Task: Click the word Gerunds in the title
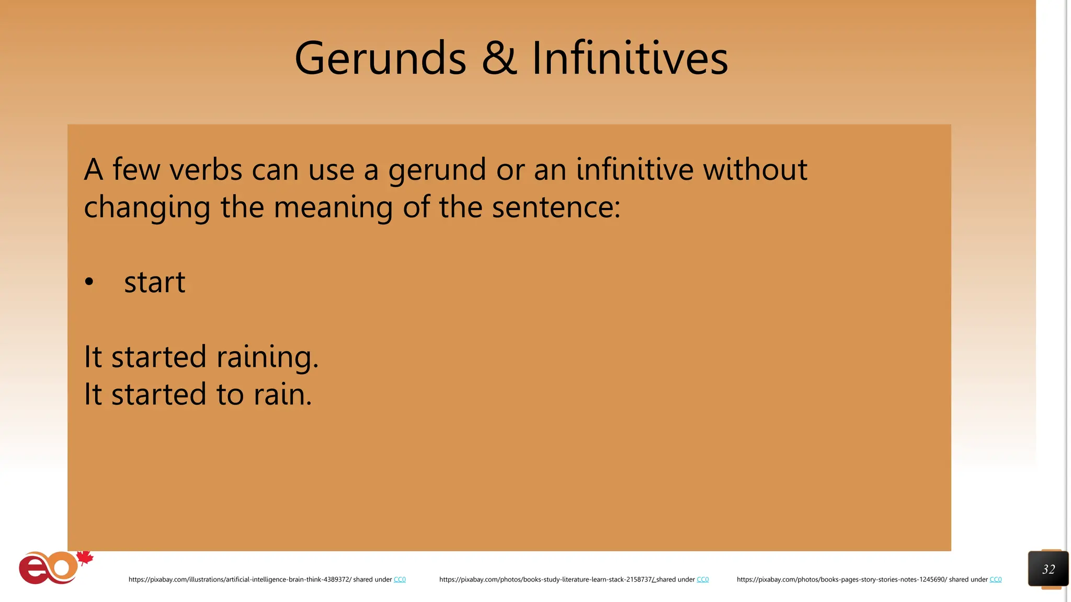click(x=380, y=58)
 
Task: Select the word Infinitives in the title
click(x=630, y=58)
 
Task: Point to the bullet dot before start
click(x=89, y=282)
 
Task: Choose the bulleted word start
click(x=155, y=282)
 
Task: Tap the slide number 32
click(x=1048, y=569)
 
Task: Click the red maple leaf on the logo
click(x=85, y=558)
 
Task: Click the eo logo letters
click(x=48, y=568)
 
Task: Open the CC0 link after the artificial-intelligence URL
click(x=400, y=580)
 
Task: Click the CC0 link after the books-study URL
click(x=702, y=580)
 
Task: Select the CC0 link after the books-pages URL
click(x=995, y=580)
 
